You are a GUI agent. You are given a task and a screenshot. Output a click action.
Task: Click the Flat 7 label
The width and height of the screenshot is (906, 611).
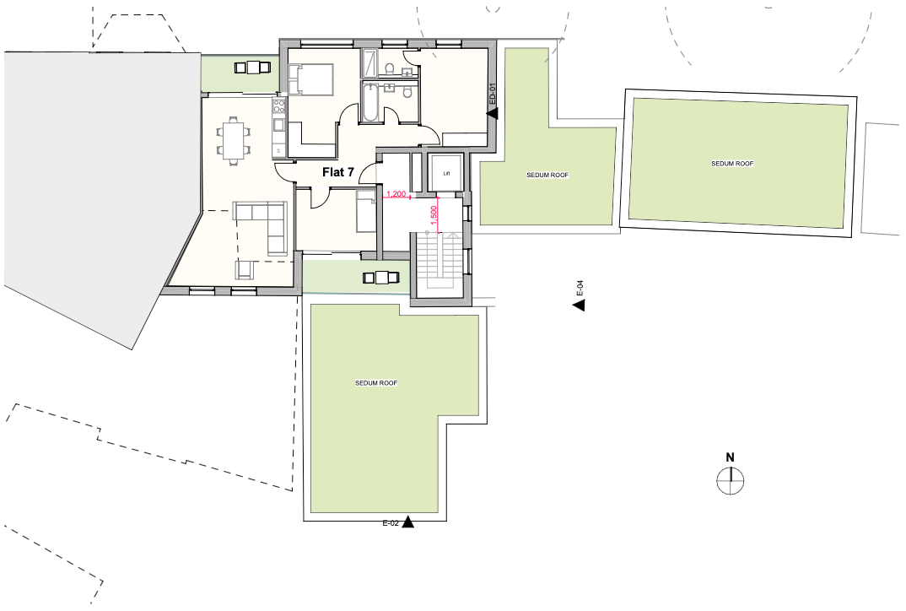(x=338, y=172)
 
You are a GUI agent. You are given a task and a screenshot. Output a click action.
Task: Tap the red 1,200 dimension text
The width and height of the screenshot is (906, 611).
(x=396, y=193)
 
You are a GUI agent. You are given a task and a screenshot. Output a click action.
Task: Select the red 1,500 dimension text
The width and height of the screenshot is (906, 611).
(x=434, y=215)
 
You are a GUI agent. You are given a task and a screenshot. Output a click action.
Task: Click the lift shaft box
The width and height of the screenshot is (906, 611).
(x=445, y=172)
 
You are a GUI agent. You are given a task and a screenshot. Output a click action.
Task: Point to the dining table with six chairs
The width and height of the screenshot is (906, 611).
(x=234, y=141)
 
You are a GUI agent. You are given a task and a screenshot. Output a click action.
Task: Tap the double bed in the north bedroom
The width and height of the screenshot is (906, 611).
(x=311, y=79)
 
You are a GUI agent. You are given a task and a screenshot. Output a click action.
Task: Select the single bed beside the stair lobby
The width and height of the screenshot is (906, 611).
(x=366, y=212)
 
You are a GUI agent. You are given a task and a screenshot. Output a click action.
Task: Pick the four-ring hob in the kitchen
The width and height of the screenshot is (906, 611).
(x=278, y=105)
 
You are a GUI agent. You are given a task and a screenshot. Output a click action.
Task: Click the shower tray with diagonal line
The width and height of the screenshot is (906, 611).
(x=369, y=63)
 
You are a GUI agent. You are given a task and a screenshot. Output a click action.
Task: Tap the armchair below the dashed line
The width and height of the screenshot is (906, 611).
(x=245, y=269)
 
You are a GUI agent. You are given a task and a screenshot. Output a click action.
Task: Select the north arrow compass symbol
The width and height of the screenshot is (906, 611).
(x=731, y=480)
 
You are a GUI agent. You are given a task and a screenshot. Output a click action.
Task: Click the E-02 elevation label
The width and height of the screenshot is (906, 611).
(x=391, y=524)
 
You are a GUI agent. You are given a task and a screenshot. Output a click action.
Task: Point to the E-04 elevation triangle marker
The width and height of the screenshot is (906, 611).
(x=579, y=305)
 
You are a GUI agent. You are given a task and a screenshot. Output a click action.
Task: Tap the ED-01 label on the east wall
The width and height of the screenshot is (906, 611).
(x=493, y=94)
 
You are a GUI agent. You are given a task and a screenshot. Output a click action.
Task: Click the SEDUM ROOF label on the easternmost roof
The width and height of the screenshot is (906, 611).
(x=732, y=164)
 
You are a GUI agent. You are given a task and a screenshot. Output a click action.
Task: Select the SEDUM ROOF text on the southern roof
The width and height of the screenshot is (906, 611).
(x=376, y=383)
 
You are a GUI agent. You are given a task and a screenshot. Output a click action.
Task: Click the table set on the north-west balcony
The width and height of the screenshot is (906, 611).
(x=252, y=68)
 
